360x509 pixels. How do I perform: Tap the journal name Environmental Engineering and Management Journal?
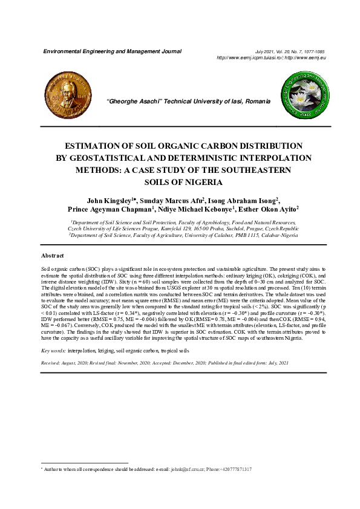tap(113, 51)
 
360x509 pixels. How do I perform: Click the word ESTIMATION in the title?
tap(102, 146)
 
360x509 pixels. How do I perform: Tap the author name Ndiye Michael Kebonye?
tap(202, 210)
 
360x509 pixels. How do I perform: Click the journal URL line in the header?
tap(271, 57)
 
